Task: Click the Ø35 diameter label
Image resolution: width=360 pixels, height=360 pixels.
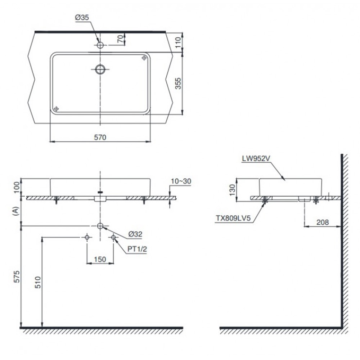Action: [82, 18]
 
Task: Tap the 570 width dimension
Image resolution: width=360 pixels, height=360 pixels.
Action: [100, 137]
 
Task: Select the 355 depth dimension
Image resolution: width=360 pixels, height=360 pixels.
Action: [179, 84]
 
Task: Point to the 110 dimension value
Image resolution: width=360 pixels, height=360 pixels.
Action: [179, 42]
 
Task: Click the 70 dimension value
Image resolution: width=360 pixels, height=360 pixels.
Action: [120, 39]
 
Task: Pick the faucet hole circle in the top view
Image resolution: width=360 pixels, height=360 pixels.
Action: [100, 45]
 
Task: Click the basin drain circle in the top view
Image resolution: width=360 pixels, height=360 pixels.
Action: [100, 69]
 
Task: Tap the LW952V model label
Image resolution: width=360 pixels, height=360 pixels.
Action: [256, 158]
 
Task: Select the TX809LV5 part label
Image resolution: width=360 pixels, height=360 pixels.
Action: [233, 218]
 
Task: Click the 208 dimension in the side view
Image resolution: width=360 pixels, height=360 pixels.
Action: [322, 222]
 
